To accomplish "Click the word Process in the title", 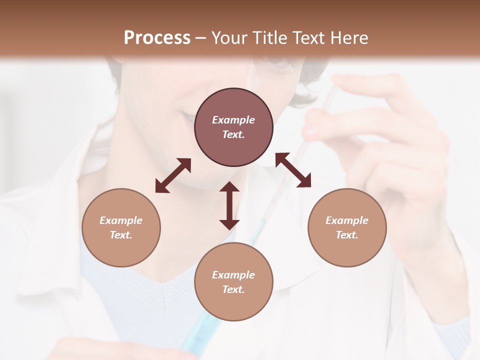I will coord(157,37).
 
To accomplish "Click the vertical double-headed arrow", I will coord(229,205).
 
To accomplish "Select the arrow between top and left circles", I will coord(173,175).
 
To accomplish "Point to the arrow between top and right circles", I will coord(293,170).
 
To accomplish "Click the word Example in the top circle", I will coord(233,120).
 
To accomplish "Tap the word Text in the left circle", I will coord(121,235).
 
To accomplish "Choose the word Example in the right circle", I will coord(347,220).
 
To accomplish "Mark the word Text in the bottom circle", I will coord(233,289).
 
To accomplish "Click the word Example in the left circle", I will coord(121,220).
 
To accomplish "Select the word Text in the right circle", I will coord(347,235).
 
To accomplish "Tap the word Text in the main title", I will coord(309,37).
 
